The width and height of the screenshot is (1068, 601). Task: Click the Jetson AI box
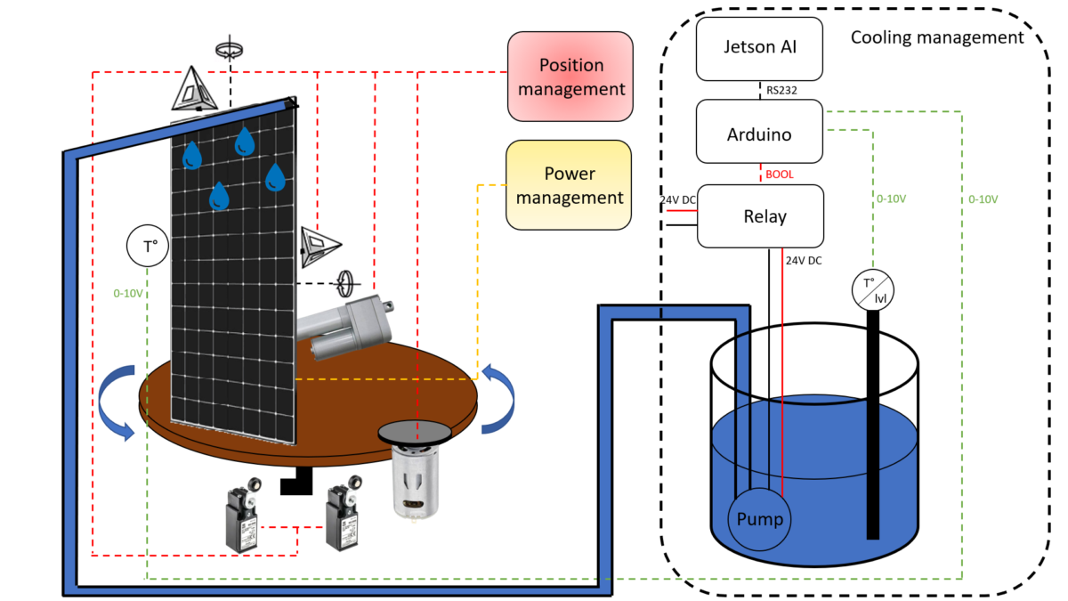point(759,48)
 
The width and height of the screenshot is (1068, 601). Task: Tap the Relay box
point(759,216)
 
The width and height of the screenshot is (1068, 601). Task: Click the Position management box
point(570,77)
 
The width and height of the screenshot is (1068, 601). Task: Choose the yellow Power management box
point(569,185)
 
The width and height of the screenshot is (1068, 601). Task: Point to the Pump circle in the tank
point(759,519)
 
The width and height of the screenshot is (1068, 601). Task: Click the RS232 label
point(779,90)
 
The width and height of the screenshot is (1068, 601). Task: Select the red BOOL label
point(779,175)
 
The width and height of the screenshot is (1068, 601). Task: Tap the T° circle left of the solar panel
point(150,248)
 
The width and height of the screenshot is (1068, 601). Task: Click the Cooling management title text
point(937,38)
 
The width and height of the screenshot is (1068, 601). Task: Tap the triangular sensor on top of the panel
point(195,90)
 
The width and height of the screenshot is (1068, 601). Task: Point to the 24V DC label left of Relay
point(678,200)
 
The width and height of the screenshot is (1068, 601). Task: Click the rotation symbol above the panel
point(230,50)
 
